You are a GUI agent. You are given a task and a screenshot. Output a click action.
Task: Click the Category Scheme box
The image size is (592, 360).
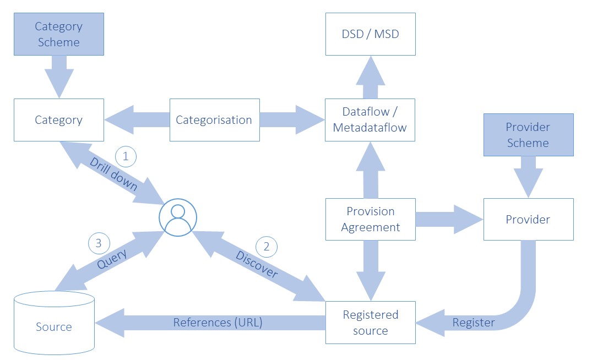point(58,34)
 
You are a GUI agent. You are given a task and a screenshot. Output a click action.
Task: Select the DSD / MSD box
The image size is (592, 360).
point(370,34)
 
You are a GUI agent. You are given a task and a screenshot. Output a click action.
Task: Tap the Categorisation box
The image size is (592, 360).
point(214,120)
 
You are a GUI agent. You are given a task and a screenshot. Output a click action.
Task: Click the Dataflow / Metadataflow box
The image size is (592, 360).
point(370,120)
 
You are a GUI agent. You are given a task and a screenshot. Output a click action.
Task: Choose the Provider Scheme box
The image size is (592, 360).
point(528,135)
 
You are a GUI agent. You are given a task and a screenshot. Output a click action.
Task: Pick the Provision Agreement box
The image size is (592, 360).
point(370,219)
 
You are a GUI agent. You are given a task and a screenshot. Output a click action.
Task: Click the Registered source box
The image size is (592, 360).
point(370,323)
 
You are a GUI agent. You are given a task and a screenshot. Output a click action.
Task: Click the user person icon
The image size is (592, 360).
point(177,218)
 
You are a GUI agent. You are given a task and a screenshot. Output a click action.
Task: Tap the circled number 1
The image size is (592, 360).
point(126,157)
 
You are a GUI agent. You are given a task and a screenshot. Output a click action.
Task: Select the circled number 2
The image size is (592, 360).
point(267,247)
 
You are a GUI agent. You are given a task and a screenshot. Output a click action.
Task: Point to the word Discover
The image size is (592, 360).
point(257,265)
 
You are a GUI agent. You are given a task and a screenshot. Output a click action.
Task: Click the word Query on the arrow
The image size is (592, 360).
point(112,259)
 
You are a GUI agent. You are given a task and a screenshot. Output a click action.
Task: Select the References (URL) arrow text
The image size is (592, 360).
point(218,323)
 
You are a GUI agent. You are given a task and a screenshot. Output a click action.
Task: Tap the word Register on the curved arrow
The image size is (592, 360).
point(474,323)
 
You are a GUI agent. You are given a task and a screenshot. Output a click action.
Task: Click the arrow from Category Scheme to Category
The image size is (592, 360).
point(58,76)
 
